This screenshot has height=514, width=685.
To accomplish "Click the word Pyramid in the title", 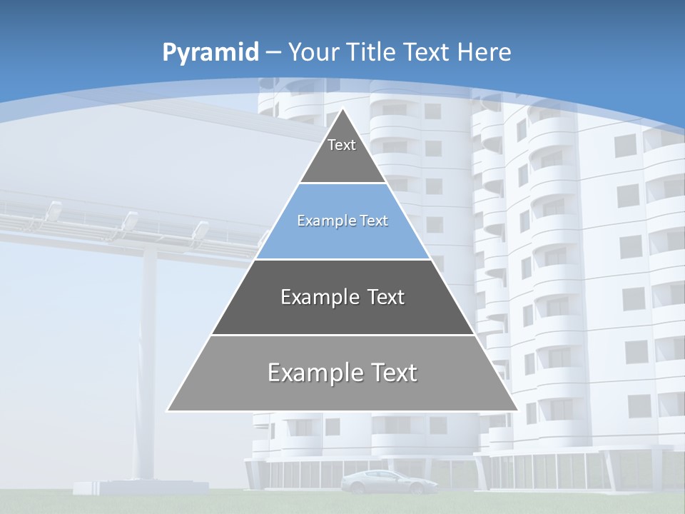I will pyautogui.click(x=210, y=53).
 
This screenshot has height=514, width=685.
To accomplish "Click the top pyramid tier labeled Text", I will pyautogui.click(x=342, y=153).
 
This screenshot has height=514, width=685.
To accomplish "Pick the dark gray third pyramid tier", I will pyautogui.click(x=342, y=298).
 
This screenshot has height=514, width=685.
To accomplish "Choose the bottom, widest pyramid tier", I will pyautogui.click(x=342, y=373).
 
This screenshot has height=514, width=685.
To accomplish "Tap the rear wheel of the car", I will pyautogui.click(x=357, y=489).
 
